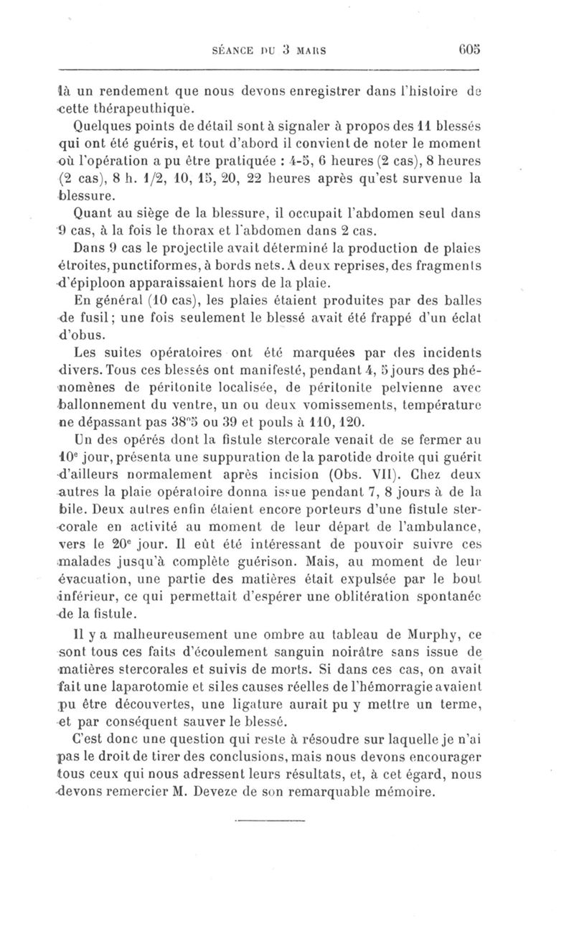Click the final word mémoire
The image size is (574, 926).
pyautogui.click(x=403, y=791)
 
